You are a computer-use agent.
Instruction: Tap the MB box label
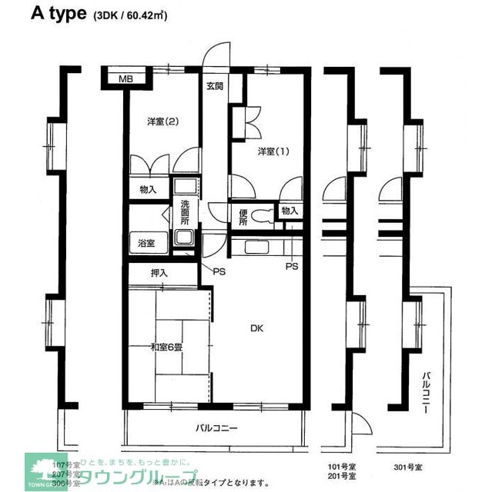pos(125,78)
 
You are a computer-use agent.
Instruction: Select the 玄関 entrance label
pos(214,85)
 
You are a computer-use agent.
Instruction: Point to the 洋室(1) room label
pos(273,151)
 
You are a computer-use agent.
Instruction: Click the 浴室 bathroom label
pos(146,243)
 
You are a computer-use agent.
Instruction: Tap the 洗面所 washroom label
pos(185,211)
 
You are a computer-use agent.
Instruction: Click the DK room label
pos(256,328)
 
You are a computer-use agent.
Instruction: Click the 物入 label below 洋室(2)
pos(148,189)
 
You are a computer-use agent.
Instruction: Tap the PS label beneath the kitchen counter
pos(291,267)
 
